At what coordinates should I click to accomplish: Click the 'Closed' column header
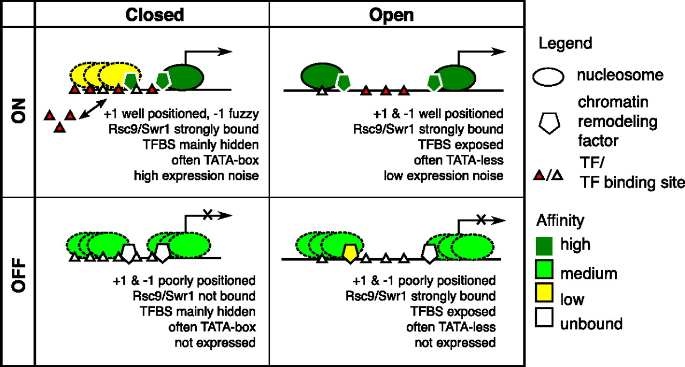point(155,14)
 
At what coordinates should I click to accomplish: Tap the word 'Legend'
point(565,43)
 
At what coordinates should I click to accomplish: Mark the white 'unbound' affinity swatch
point(544,324)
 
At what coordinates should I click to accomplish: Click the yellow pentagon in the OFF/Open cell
point(349,252)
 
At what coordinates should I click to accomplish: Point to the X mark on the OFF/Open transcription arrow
point(482,219)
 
